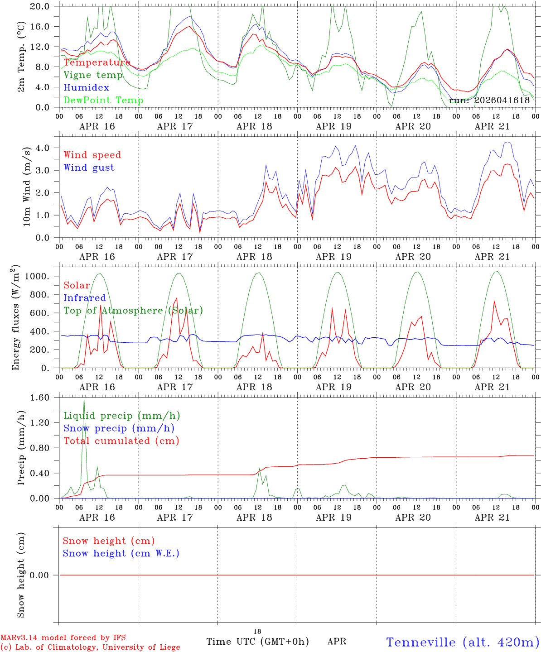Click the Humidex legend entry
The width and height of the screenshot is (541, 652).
point(86,87)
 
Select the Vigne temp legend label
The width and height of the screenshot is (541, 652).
point(93,75)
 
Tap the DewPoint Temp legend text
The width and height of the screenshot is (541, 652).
point(103,100)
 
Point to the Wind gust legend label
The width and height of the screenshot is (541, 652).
point(89,168)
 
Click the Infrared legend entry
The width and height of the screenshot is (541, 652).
point(84,298)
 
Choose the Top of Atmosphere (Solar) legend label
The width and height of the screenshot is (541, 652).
point(133,311)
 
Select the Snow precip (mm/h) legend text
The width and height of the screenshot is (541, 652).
point(119,428)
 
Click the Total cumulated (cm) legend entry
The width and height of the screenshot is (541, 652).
point(121,441)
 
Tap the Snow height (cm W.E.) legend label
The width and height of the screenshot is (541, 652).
point(121,553)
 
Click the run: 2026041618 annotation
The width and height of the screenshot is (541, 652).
point(489,100)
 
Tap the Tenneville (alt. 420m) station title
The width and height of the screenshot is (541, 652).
point(463,642)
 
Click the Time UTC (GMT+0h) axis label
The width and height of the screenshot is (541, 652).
point(257,642)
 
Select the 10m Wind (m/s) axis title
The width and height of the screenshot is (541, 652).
point(27,187)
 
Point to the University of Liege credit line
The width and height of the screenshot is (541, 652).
point(90,647)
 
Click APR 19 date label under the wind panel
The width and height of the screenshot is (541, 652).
point(333,257)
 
